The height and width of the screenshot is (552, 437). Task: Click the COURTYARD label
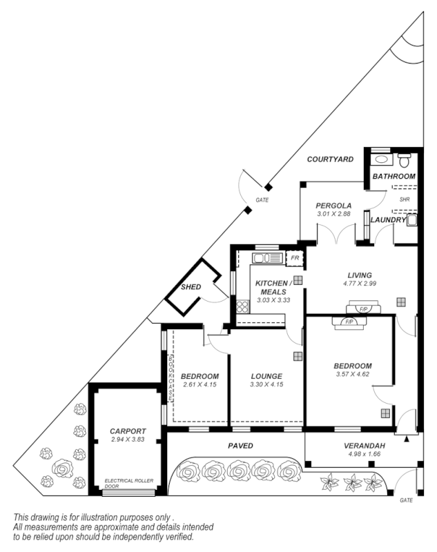coord(330,159)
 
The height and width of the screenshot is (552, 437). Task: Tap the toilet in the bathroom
coord(405,160)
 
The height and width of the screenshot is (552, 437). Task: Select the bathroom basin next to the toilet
coord(382,159)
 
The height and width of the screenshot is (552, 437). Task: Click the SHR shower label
coord(405,199)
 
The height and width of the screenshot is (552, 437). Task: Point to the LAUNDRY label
coord(387,220)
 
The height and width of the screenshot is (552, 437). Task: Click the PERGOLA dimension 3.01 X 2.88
coord(334,215)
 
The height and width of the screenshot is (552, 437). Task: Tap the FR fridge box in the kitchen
coord(295,258)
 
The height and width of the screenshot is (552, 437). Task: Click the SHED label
coord(191,287)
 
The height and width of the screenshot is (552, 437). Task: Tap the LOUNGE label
coord(266,376)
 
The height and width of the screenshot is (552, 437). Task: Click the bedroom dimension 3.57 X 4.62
coord(353,375)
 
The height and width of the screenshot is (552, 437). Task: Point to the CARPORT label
coord(128,431)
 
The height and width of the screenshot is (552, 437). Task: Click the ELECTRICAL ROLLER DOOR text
coord(128,482)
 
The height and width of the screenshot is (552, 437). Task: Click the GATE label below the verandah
coord(405,500)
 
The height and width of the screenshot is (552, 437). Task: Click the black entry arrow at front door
coord(406,438)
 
